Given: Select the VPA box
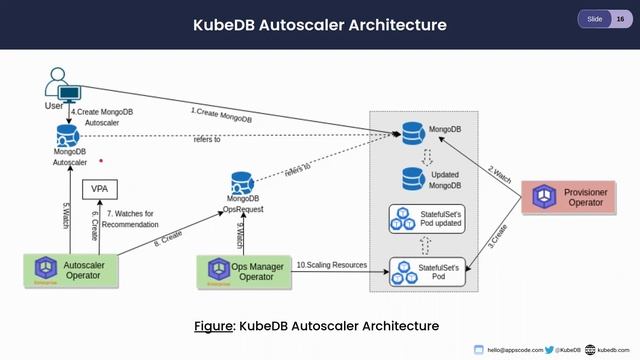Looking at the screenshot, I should coord(98,189).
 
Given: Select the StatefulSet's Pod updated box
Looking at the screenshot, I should coord(428,220).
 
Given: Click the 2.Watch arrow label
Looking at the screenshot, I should coord(499,171).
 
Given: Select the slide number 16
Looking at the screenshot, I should coord(620,19).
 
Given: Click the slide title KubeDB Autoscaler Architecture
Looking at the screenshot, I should coord(319,24).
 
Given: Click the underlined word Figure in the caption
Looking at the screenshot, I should coord(213,326).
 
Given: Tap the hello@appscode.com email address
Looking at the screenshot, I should coord(515,350).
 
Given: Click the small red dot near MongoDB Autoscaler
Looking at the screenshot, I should coord(100,159).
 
